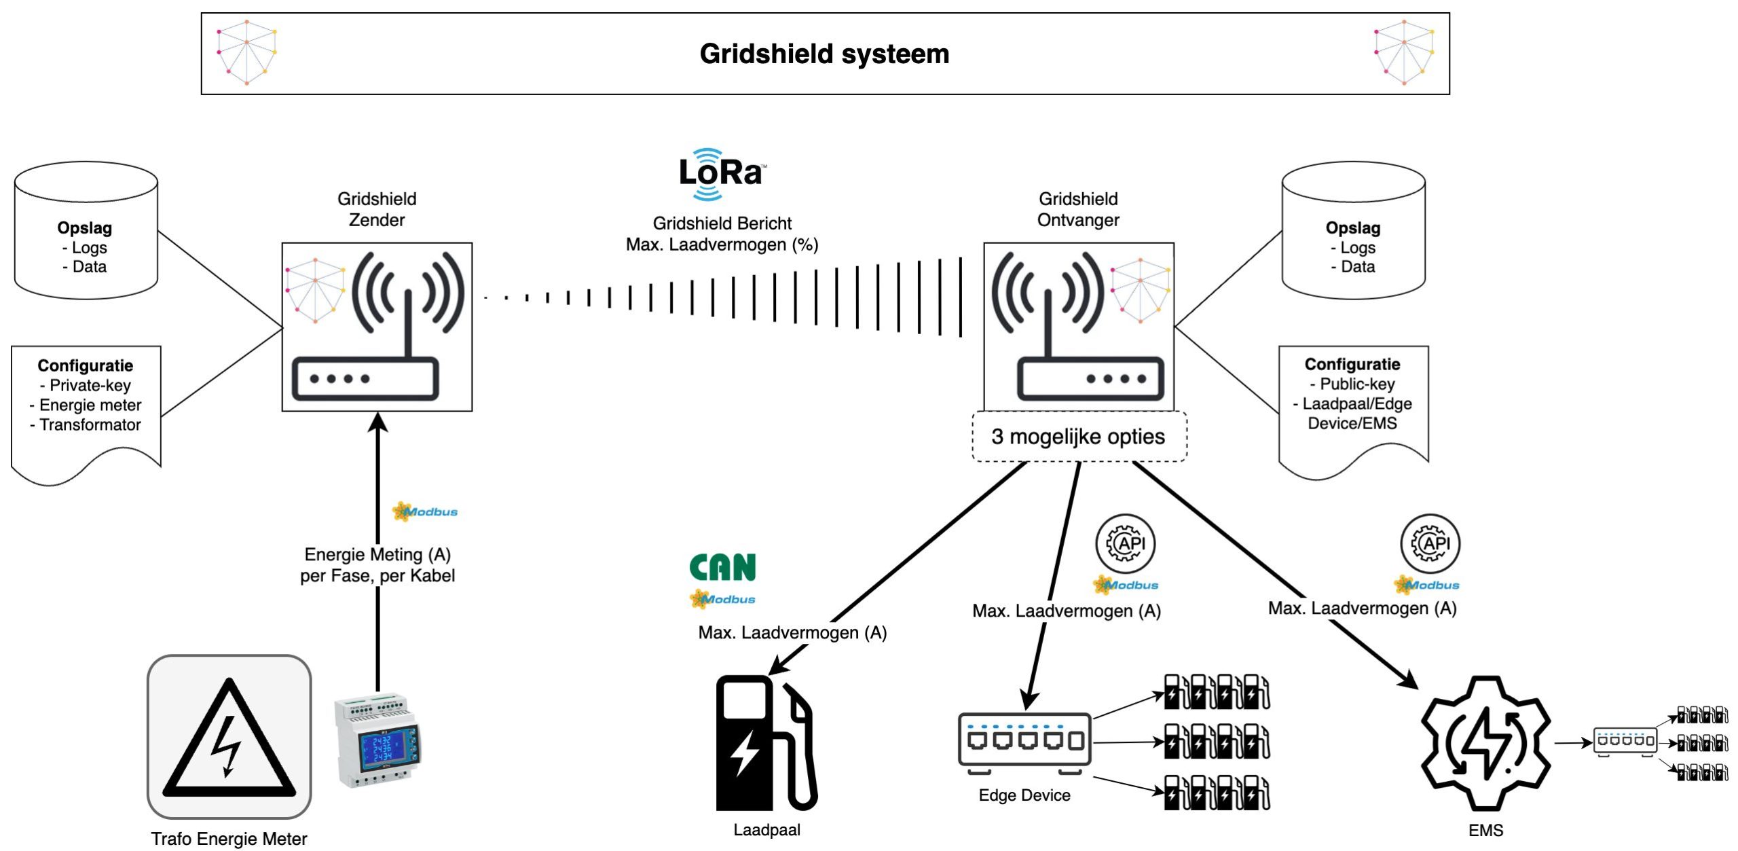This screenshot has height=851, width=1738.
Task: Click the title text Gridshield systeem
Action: [x=824, y=54]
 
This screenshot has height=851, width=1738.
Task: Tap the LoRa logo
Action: [x=722, y=173]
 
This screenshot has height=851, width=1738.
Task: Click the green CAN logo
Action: [x=722, y=567]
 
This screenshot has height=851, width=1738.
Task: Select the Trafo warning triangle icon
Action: [x=229, y=737]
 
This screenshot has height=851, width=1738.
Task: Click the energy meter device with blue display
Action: [x=378, y=741]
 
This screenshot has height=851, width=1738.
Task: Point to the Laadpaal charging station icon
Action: [x=766, y=743]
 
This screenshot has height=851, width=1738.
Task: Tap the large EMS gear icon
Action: [x=1485, y=743]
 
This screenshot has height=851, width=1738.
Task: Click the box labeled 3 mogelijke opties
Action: [x=1078, y=436]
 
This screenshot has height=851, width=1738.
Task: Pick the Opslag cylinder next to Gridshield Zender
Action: [x=86, y=231]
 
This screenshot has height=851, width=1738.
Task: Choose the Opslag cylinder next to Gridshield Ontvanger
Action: [x=1353, y=231]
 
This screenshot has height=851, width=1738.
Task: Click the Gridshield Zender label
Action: [x=377, y=209]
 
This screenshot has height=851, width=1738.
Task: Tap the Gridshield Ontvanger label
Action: [x=1078, y=209]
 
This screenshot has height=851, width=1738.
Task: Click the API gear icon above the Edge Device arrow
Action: [x=1125, y=543]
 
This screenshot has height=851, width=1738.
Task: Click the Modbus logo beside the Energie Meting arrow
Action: [x=426, y=511]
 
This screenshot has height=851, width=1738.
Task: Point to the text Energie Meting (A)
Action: [x=377, y=554]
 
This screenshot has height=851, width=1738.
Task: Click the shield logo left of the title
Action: [x=246, y=52]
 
